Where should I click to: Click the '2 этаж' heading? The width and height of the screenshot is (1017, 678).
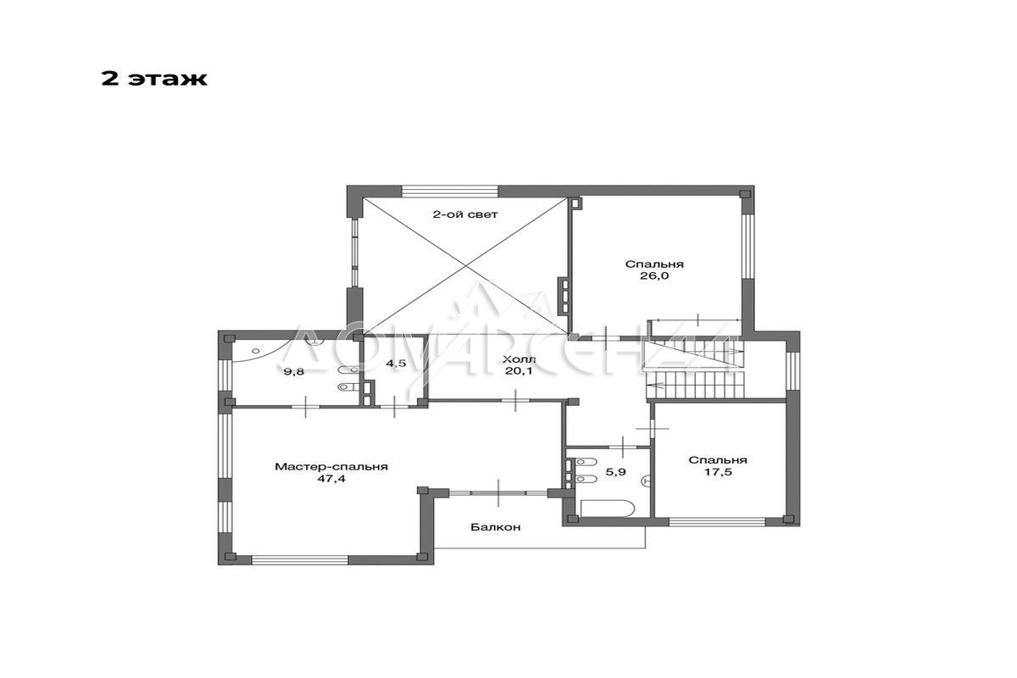154,79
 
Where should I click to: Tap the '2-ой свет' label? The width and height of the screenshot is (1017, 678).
464,214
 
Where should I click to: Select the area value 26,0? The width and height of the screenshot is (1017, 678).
654,275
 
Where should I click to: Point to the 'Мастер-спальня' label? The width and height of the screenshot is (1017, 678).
331,466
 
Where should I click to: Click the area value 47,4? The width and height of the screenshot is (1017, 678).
331,478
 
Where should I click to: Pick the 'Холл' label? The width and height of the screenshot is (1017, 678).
519,359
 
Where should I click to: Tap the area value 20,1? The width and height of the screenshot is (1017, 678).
519,371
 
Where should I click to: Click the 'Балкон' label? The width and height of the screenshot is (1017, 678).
495,527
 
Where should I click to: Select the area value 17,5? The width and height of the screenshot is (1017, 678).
718,472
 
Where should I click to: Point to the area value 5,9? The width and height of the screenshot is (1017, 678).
615,472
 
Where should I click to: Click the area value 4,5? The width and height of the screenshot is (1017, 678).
396,364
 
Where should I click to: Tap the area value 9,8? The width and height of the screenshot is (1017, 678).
294,372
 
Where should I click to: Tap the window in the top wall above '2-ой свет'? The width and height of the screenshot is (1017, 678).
450,191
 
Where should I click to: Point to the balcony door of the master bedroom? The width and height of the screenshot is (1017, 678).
498,493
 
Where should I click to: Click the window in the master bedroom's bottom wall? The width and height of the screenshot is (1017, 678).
300,560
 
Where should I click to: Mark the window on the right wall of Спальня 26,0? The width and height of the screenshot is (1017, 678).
747,245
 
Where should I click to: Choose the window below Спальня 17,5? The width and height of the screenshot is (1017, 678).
717,522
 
